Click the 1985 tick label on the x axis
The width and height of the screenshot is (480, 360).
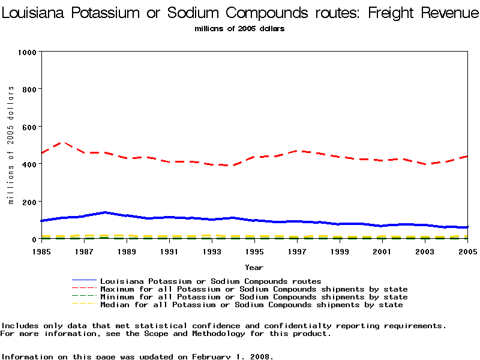[41, 252]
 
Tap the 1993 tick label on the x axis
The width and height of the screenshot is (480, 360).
[212, 252]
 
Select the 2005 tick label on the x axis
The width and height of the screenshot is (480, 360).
[467, 252]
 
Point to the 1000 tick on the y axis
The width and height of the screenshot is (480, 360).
[26, 52]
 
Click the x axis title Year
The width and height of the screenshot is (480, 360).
[254, 267]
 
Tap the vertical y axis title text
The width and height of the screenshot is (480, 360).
[11, 145]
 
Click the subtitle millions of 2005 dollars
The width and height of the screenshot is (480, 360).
[239, 28]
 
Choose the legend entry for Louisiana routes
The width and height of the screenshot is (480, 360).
[211, 281]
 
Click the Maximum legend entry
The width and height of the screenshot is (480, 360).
[254, 289]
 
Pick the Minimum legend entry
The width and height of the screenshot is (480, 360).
[254, 297]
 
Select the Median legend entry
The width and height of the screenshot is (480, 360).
[251, 305]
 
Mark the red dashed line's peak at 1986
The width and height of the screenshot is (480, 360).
[63, 142]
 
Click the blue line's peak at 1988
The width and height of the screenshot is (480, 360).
[106, 212]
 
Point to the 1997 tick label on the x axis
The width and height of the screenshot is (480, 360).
[297, 252]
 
